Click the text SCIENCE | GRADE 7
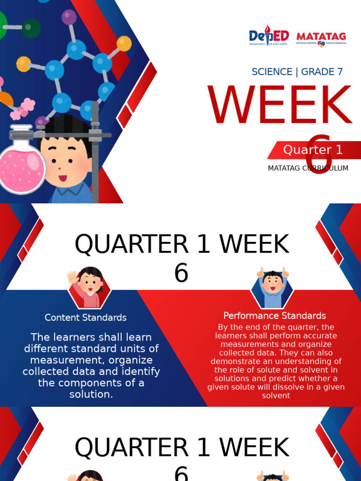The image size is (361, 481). point(297,72)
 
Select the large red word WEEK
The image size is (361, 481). point(280,106)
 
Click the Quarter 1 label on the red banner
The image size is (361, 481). point(313,150)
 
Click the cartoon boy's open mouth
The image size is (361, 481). point(63,178)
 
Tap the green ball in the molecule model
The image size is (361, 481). point(31,28)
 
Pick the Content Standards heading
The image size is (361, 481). point(86,318)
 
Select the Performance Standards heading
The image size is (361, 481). point(275,316)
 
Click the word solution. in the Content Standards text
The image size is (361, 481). point(91,394)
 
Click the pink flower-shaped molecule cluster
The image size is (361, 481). point(24,109)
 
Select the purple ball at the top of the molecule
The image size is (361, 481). point(69,18)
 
